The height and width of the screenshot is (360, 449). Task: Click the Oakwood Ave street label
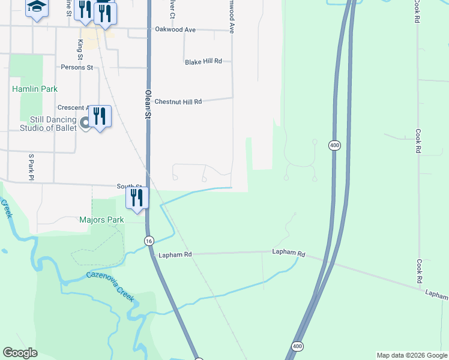coord(175,29)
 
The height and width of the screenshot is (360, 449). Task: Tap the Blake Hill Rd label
coord(203,62)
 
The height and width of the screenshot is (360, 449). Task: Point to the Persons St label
coord(76,68)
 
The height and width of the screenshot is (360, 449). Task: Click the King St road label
coord(80,46)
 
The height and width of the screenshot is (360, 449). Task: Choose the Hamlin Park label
coord(35,89)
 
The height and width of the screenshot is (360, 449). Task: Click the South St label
coord(129,187)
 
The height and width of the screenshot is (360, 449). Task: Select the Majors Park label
coord(101,220)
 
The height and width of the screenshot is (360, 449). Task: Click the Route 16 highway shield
coord(149,240)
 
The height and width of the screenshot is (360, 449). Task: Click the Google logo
coord(20,353)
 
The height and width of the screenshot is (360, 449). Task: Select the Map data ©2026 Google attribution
coord(411,355)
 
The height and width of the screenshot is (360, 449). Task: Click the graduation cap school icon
coord(37,7)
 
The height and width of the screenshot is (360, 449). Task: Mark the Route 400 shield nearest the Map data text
coord(297,347)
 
